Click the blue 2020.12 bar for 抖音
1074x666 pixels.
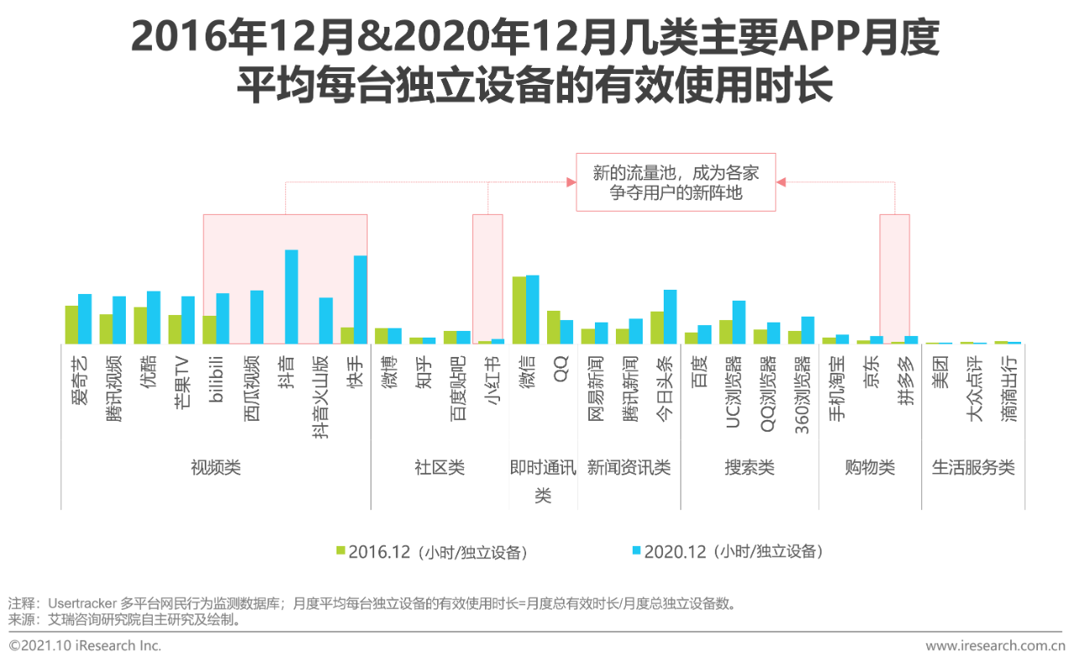click(291, 296)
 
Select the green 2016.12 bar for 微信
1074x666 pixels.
click(519, 310)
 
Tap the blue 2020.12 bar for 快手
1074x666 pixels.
click(360, 299)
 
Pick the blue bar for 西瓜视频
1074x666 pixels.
click(257, 317)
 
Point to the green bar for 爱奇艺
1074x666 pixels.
click(71, 324)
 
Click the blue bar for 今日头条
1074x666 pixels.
click(670, 317)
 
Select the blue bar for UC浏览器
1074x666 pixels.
click(738, 322)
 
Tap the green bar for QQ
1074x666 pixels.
click(554, 327)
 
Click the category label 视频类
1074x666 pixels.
click(216, 468)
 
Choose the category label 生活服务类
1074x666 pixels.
click(973, 468)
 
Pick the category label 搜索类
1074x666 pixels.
click(749, 468)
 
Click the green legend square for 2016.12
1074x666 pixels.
click(341, 551)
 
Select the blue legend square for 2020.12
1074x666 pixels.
click(637, 551)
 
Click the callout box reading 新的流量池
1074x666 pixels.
click(675, 182)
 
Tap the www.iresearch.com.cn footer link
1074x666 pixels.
click(995, 646)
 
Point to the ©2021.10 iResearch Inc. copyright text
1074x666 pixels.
click(85, 646)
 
